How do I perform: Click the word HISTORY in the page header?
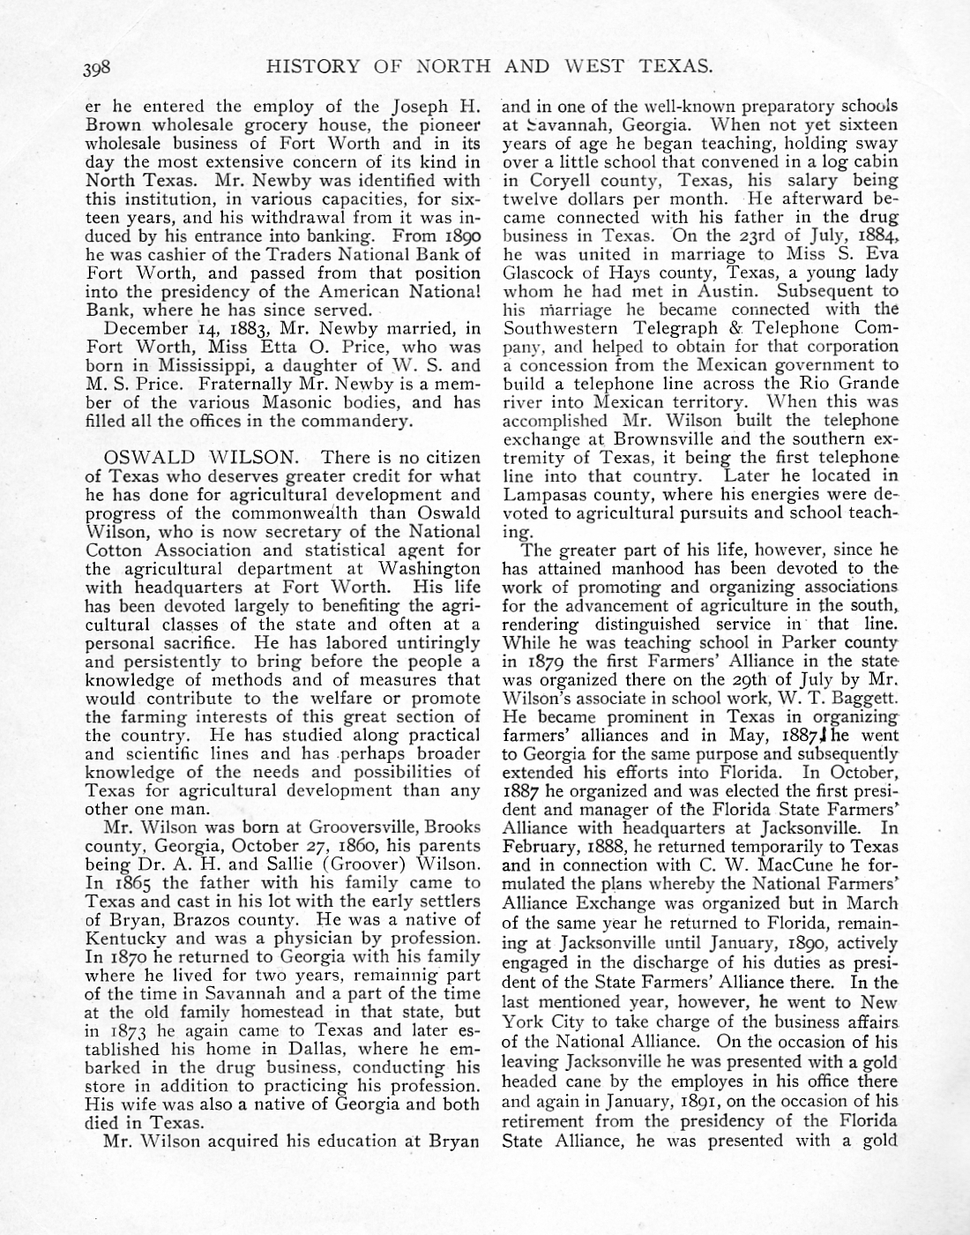click(312, 65)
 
